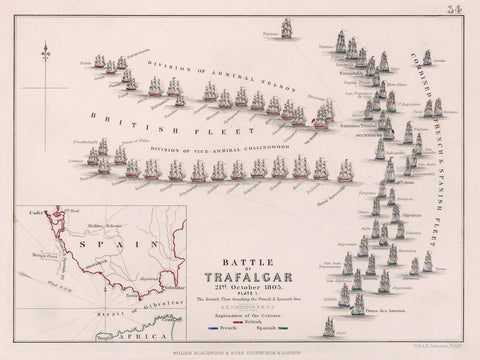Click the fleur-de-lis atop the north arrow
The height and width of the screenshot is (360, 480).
pos(45,47)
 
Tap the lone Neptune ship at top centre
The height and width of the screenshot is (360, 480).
pos(287,29)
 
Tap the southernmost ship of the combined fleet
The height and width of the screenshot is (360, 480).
pos(330,326)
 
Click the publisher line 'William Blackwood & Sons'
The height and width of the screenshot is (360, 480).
pos(239,351)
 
